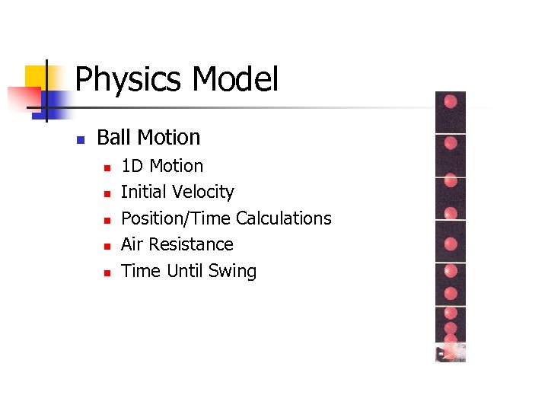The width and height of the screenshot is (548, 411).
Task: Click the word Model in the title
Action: click(x=236, y=79)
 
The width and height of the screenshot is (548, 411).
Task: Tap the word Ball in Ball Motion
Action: click(x=113, y=137)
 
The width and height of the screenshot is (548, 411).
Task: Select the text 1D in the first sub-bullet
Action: click(x=133, y=166)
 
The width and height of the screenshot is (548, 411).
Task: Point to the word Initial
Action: click(x=143, y=192)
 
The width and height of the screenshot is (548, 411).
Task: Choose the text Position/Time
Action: click(x=176, y=218)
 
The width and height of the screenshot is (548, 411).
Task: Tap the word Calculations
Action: click(x=283, y=218)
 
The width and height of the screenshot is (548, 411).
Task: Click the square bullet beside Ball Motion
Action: click(x=79, y=139)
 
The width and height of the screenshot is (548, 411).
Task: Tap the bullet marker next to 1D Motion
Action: click(x=107, y=167)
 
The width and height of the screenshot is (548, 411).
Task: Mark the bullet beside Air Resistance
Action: click(x=107, y=246)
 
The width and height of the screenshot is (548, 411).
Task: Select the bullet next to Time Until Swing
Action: click(x=107, y=272)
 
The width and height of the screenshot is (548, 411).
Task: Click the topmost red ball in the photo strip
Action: click(x=451, y=101)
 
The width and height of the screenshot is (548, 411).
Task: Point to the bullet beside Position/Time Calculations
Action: click(x=107, y=220)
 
